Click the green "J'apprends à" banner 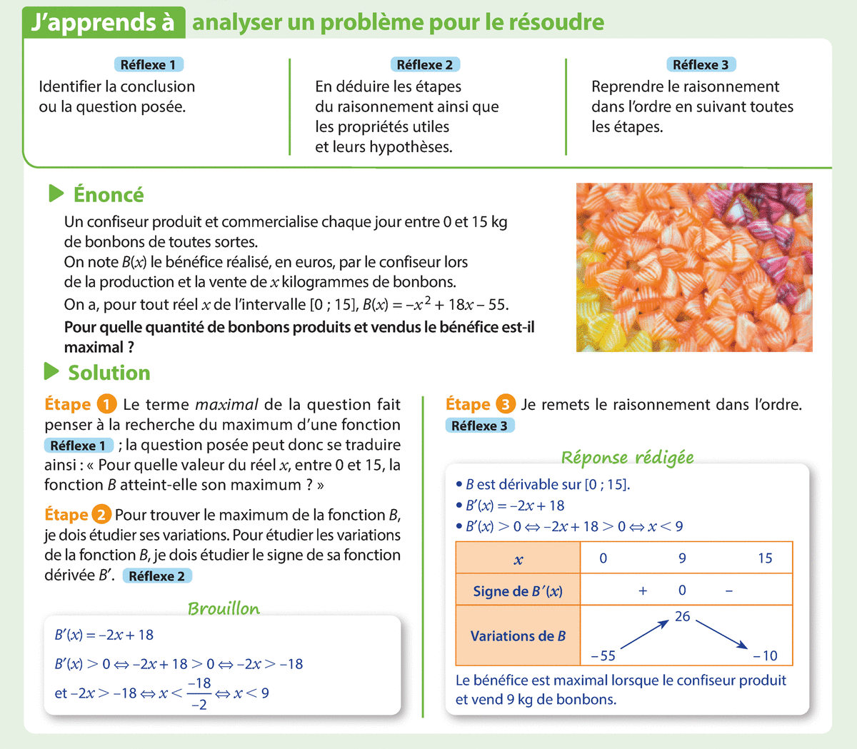point(104,23)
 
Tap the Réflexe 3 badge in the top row point(701,65)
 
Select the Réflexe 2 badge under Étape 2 point(157,576)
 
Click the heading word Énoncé point(109,195)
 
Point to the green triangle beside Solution point(51,372)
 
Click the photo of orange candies point(693,267)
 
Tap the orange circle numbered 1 point(106,405)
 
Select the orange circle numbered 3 point(505,405)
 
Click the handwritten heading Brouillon point(224,608)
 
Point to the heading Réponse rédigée point(627,457)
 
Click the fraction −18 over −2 point(199,693)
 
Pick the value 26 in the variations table point(683,616)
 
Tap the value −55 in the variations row point(603,655)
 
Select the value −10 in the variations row point(765,655)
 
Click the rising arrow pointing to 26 point(645,634)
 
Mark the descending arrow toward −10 point(721,634)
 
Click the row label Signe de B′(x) point(518,591)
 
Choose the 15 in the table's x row point(765,558)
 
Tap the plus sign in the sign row point(643,591)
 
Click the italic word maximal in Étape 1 point(226,405)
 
